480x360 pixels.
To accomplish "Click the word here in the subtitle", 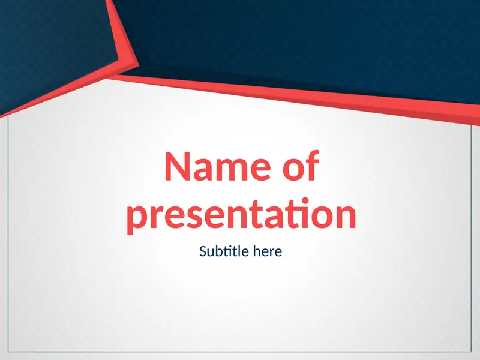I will pos(267,251).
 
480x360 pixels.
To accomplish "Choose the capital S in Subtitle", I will pos(203,251).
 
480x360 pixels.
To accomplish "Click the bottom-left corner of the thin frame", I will pos(8,352).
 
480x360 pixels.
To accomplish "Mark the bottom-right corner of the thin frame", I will pos(472,352).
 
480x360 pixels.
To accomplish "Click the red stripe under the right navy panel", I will pos(360,99).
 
